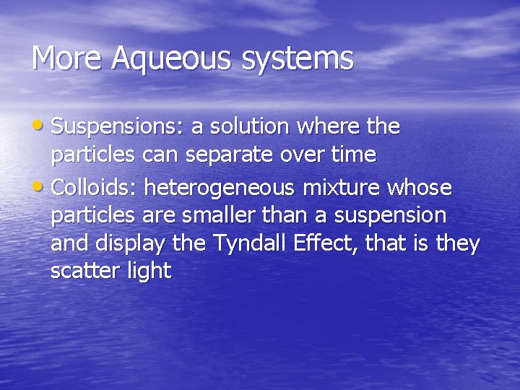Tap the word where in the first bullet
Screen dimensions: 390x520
[x=329, y=127]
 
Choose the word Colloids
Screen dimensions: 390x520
[x=94, y=188]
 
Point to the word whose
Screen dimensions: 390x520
[x=425, y=188]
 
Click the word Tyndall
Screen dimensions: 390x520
[x=246, y=244]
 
